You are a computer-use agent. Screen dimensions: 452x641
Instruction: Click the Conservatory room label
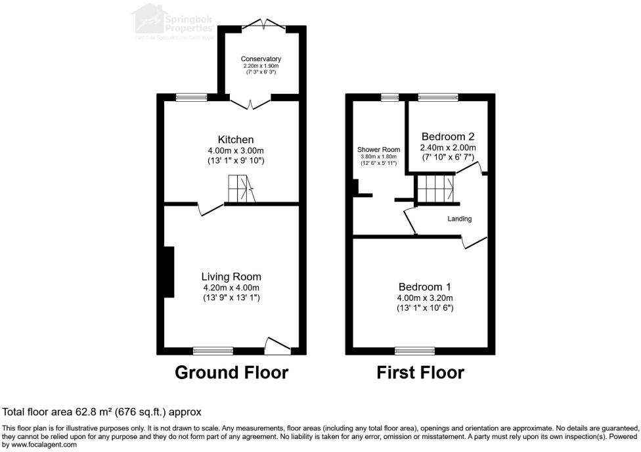pos(261,59)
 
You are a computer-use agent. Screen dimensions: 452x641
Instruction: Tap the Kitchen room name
pos(236,140)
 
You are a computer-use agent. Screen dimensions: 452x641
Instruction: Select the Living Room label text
pos(231,277)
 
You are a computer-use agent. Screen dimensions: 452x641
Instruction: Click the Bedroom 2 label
pos(449,137)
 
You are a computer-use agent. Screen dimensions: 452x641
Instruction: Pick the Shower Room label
pos(378,150)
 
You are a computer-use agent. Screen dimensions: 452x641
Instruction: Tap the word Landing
pos(460,219)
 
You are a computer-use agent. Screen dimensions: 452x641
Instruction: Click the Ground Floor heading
pos(231,373)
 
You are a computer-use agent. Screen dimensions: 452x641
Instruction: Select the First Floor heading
pos(420,373)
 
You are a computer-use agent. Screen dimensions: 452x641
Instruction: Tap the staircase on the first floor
pos(435,189)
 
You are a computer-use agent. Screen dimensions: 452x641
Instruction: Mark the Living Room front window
pos(213,350)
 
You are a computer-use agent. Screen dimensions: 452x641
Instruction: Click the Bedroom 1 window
pos(414,350)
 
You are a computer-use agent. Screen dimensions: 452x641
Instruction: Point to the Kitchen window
pos(191,98)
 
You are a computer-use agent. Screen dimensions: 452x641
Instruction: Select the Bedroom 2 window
pos(439,98)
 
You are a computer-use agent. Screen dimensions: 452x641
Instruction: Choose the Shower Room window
pos(390,98)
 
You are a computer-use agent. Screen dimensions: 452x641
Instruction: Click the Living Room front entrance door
pos(278,345)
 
